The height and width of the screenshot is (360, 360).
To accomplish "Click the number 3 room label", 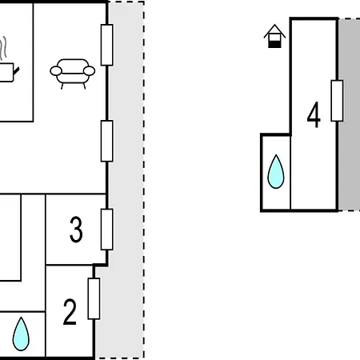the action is click(x=76, y=230).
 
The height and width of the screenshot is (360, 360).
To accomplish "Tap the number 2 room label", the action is click(x=70, y=312).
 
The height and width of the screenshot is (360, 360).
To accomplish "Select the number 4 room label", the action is click(x=314, y=114).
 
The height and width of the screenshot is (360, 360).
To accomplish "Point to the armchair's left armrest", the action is click(x=56, y=71).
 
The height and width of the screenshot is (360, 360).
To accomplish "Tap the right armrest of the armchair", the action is click(x=89, y=71).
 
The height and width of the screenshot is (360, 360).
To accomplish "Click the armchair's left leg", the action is click(x=62, y=86).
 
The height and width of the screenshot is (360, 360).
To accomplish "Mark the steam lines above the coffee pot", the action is click(x=2, y=48).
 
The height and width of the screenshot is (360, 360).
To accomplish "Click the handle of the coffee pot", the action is click(x=16, y=71).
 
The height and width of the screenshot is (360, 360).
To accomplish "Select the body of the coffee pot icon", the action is click(x=6, y=72).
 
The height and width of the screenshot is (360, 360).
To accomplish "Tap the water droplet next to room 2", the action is click(x=21, y=334).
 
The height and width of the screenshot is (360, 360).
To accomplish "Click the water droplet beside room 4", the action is click(x=276, y=171).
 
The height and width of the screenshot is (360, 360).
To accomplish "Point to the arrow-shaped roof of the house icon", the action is click(x=274, y=30).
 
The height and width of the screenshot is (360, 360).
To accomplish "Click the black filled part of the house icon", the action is click(x=274, y=44).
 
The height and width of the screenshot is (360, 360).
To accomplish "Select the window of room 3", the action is click(x=107, y=230).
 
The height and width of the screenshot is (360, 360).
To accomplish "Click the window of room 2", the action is click(x=94, y=298).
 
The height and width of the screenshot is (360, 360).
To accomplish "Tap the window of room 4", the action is click(x=337, y=101).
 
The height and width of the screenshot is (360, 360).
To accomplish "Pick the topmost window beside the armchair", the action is click(x=107, y=45).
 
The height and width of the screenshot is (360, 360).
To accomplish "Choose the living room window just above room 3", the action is click(x=107, y=141).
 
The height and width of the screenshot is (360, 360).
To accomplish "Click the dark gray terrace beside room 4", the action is click(x=350, y=114).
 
